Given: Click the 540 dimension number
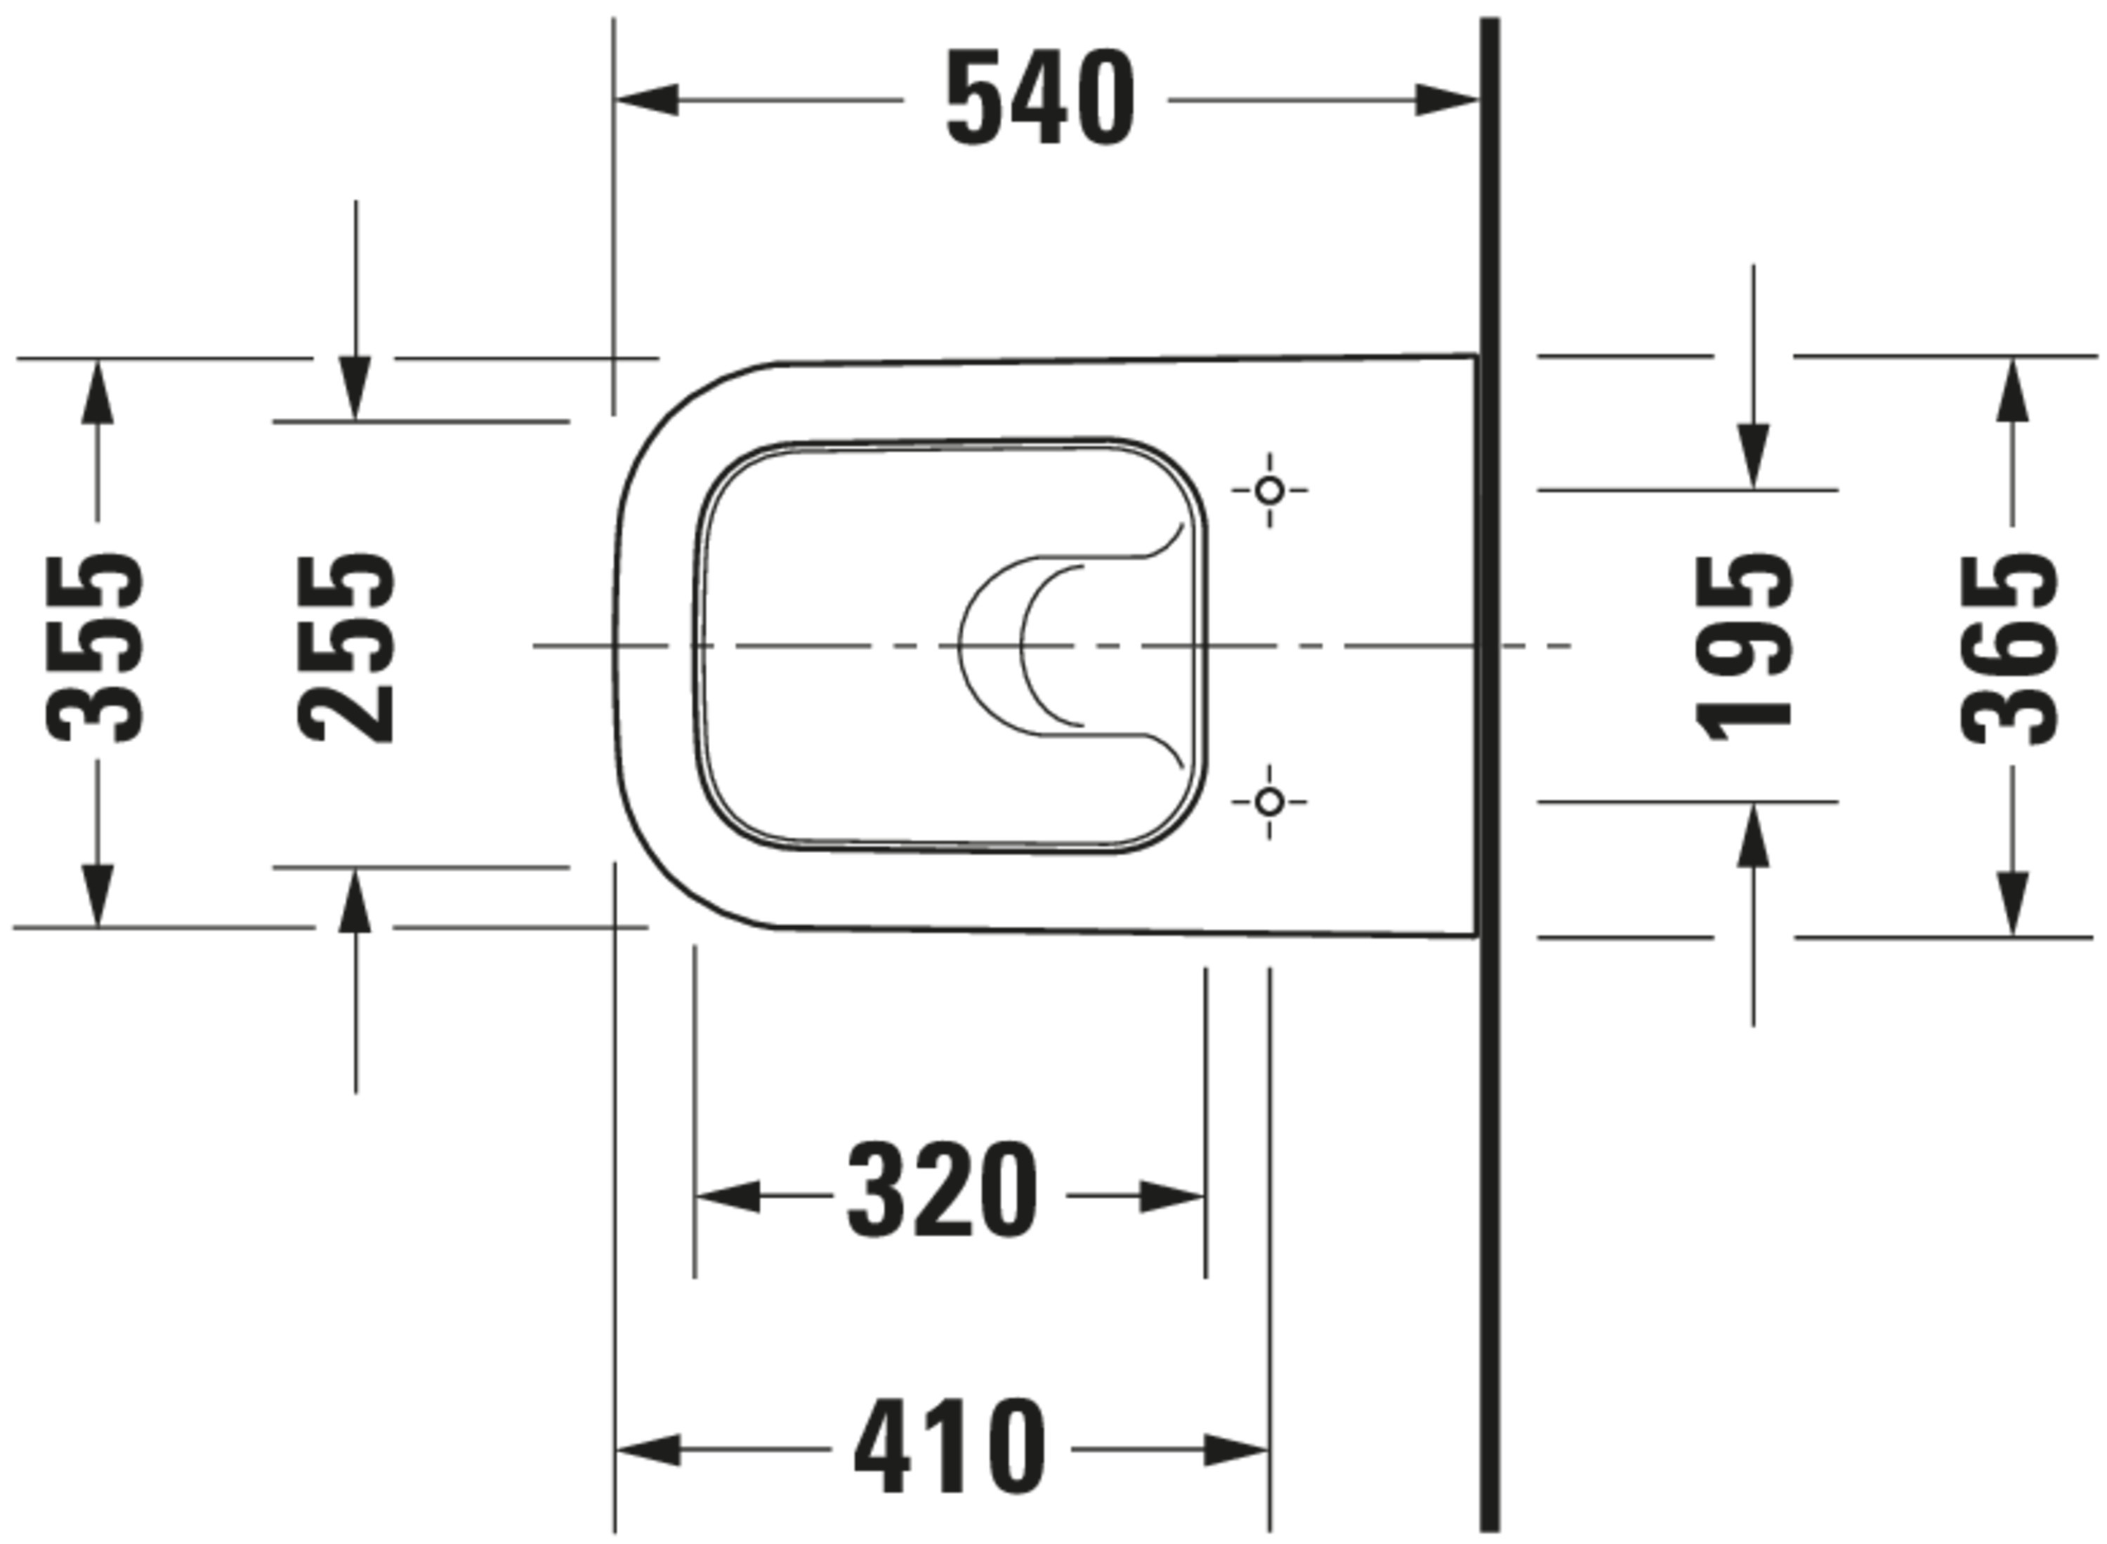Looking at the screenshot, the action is pyautogui.click(x=1040, y=98).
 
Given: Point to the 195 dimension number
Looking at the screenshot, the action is pyautogui.click(x=1745, y=647).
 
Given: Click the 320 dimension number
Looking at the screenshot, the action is pyautogui.click(x=943, y=1192).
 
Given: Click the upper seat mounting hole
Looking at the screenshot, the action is pyautogui.click(x=1269, y=490).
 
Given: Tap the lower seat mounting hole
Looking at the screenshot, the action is pyautogui.click(x=1269, y=801).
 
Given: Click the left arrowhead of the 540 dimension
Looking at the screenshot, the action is pyautogui.click(x=647, y=99).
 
